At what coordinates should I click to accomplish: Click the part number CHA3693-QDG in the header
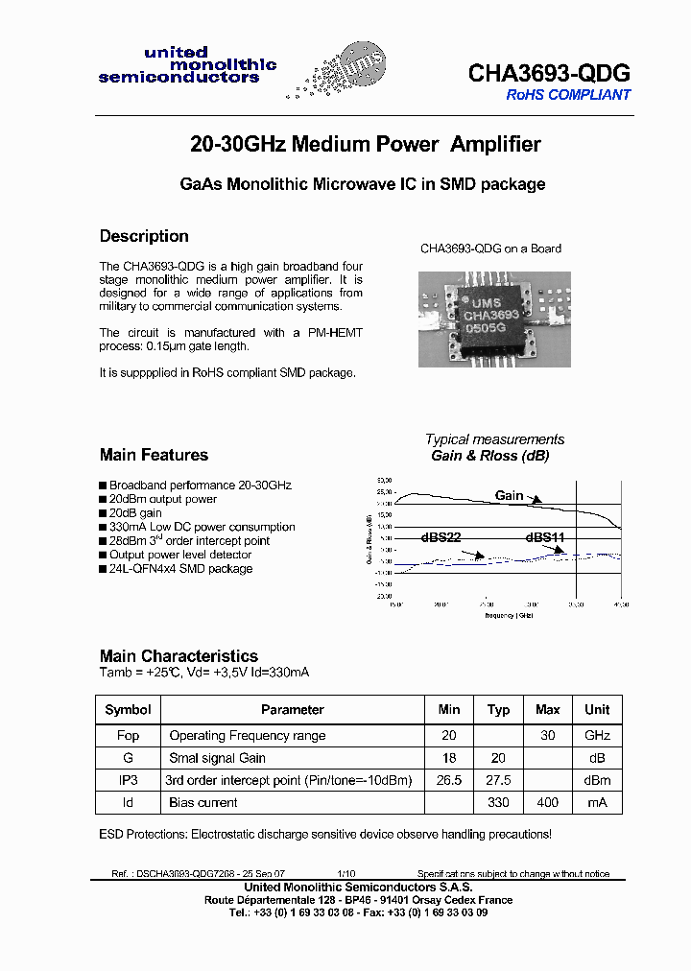click(549, 73)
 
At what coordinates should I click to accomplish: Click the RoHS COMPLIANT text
click(568, 95)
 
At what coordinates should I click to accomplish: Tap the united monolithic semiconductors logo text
click(187, 65)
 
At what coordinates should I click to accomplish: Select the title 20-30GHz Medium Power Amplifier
click(365, 145)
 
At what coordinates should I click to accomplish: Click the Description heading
click(144, 236)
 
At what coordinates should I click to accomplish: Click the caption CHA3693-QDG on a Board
click(490, 249)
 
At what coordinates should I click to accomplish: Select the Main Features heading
click(154, 455)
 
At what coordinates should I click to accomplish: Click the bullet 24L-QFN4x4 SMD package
click(180, 569)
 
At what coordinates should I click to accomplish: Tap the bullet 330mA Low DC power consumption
click(202, 527)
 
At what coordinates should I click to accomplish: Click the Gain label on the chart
click(509, 496)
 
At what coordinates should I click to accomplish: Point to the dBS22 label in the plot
click(441, 538)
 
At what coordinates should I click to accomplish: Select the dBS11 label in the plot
click(544, 538)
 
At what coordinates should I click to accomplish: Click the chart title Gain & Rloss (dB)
click(489, 456)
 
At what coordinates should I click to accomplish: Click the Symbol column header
click(128, 710)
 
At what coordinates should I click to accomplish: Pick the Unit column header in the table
click(597, 710)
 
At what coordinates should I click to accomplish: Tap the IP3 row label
click(128, 780)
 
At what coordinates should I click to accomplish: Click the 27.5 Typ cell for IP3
click(498, 780)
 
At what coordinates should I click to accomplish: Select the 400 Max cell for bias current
click(547, 802)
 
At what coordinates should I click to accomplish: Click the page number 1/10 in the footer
click(346, 874)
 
